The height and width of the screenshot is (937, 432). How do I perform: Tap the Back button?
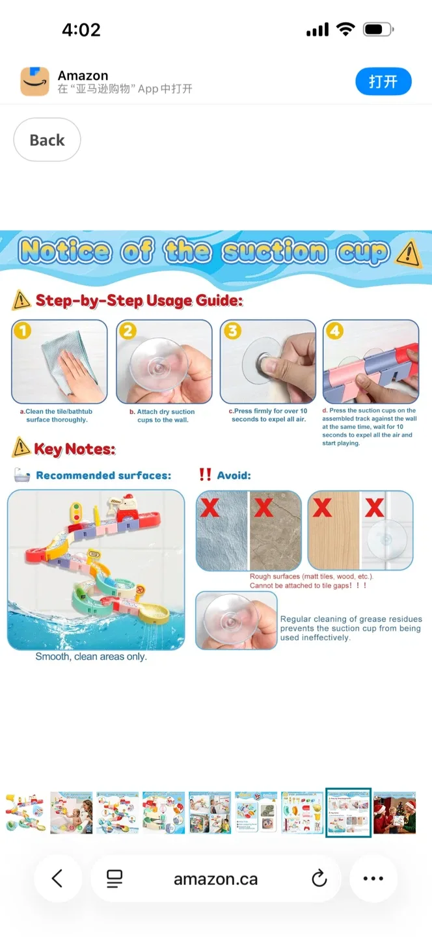[47, 140]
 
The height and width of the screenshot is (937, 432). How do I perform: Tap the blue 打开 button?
[383, 82]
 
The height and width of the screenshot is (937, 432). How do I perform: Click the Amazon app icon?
[34, 82]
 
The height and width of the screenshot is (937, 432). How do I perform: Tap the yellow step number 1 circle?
[23, 331]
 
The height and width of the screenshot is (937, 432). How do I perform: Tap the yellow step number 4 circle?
[334, 331]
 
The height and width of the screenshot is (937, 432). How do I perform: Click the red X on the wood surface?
[322, 508]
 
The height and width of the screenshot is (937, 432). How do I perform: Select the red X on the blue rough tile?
[209, 508]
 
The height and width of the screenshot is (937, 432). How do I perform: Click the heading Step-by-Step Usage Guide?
[139, 301]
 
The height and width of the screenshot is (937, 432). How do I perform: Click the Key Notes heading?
[74, 449]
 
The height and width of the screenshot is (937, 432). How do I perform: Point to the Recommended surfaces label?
[103, 476]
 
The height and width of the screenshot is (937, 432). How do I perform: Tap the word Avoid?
[234, 476]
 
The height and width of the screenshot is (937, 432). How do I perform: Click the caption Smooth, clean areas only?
[91, 657]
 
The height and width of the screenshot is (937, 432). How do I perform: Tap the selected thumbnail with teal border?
[348, 812]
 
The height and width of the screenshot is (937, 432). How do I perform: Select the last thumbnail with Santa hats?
[394, 812]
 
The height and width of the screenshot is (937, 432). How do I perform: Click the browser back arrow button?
[57, 879]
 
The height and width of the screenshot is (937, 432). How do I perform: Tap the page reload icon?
[319, 879]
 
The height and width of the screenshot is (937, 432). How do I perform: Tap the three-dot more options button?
[373, 879]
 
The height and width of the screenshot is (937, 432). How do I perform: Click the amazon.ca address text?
[215, 879]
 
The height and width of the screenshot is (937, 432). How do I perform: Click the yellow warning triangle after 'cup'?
[409, 253]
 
